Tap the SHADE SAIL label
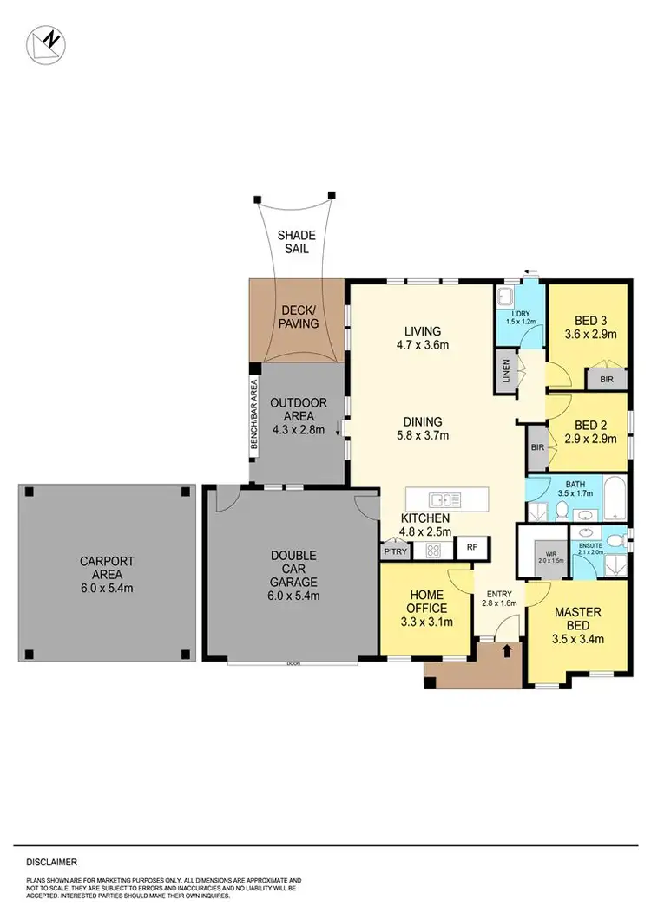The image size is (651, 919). coord(296,242)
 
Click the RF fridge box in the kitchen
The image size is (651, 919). coord(472,547)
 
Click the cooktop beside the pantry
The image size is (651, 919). coord(431,549)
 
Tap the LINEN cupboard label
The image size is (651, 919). coord(505,370)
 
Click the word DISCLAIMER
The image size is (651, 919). coord(52,863)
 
